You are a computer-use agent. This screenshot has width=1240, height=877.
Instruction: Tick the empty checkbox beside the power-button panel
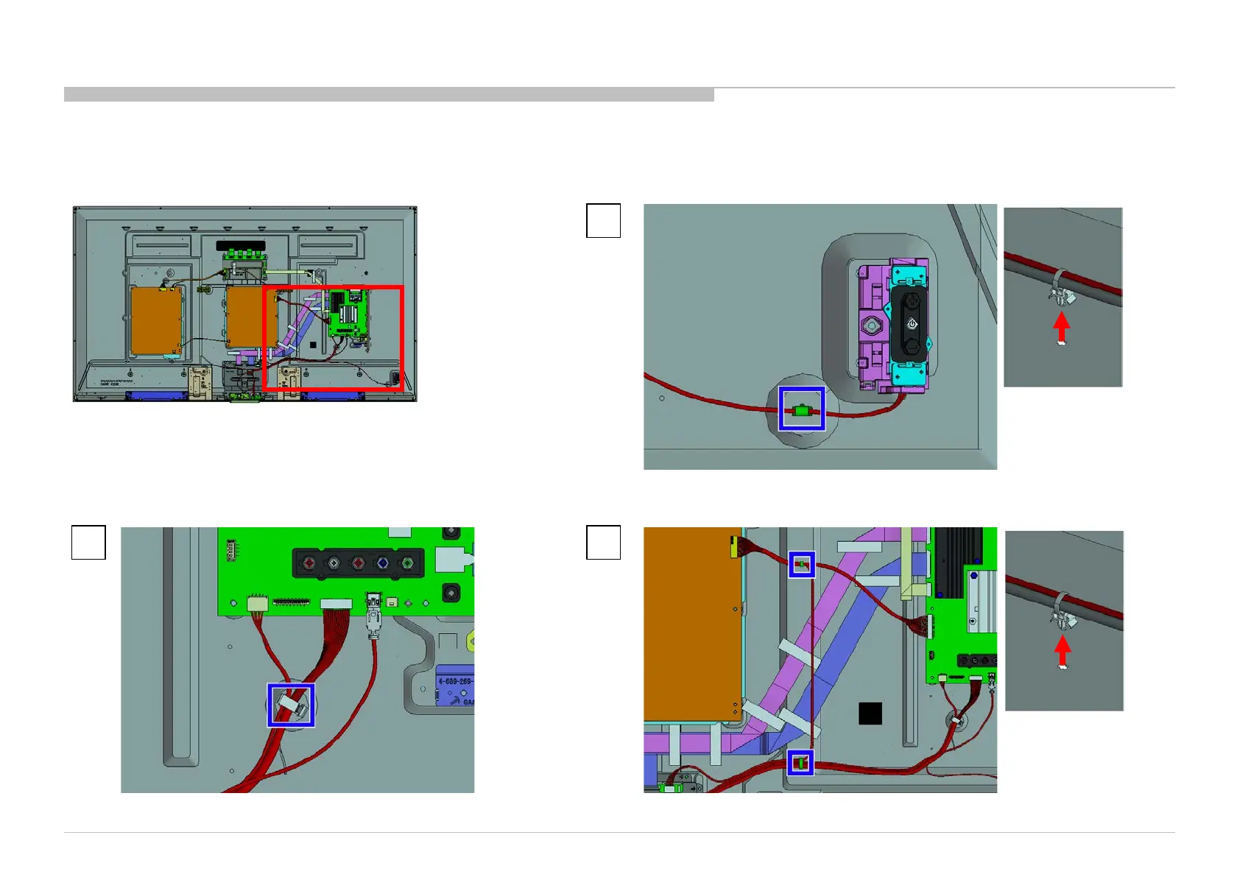pos(603,221)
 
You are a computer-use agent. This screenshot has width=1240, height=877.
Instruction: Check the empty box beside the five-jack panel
pos(88,543)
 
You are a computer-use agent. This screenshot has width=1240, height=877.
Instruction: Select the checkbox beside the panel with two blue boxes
pos(603,543)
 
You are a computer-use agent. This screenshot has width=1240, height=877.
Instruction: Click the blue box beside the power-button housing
pos(802,409)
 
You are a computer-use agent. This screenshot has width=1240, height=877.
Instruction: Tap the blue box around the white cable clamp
pos(291,705)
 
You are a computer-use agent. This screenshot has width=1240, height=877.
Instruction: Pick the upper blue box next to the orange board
pos(802,565)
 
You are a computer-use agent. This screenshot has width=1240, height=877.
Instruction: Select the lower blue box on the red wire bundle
pos(800,763)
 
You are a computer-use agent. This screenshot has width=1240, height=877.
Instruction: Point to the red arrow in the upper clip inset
pos(1061,328)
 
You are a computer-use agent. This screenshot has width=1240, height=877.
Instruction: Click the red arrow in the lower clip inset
pos(1062,652)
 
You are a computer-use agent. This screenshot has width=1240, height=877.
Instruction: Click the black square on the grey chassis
pos(870,714)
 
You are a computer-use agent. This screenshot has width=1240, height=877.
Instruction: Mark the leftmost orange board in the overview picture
pos(155,320)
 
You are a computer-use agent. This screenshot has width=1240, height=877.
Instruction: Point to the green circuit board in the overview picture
pos(348,313)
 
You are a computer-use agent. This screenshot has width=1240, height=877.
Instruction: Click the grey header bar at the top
pos(389,94)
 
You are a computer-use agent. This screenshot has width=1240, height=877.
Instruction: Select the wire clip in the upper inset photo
pos(1060,289)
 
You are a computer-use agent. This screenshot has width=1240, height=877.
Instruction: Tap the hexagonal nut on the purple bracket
pos(873,324)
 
